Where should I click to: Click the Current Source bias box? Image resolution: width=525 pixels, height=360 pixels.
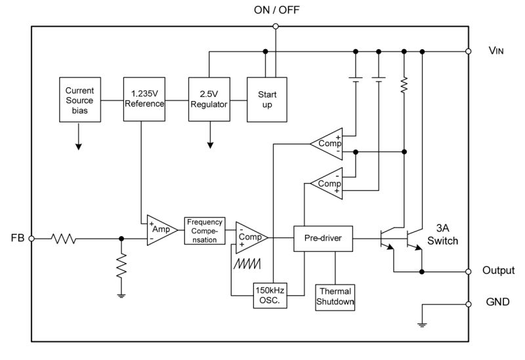point(79,100)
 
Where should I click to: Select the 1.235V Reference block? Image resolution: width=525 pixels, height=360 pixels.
point(144,100)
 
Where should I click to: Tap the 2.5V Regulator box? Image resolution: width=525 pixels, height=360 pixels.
point(209,100)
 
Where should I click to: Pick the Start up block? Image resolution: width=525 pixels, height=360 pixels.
point(266,100)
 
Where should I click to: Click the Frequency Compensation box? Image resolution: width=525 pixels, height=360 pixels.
point(204,230)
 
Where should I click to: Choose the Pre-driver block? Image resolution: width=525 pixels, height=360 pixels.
point(323,239)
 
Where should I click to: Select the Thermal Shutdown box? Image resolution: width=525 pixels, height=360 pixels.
point(335,296)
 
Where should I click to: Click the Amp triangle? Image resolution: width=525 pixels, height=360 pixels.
point(159,230)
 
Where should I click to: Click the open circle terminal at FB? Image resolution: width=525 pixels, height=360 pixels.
point(31,239)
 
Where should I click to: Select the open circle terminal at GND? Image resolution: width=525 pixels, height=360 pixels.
point(469,304)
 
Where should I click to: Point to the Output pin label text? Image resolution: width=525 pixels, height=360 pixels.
point(498,271)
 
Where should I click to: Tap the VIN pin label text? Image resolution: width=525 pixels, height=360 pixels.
point(497,50)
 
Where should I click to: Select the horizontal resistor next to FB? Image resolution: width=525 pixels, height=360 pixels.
point(65,239)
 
